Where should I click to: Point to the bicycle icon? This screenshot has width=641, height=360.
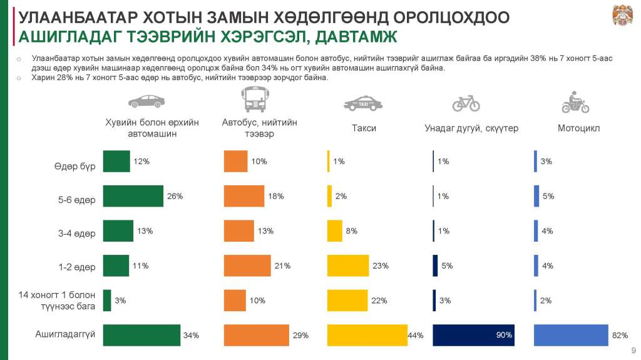[466, 102]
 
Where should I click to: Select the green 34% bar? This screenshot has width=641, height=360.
[141, 335]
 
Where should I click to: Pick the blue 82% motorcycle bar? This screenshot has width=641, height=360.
[571, 335]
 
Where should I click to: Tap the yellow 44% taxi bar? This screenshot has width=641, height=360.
[367, 335]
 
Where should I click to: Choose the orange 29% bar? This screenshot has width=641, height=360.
[257, 335]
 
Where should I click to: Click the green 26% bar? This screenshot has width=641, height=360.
[133, 196]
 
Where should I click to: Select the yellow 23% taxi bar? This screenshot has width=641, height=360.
[349, 265]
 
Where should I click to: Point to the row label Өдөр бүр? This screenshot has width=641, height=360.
[74, 167]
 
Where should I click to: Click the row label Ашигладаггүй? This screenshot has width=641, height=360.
[65, 334]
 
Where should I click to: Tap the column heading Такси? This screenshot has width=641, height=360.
[364, 128]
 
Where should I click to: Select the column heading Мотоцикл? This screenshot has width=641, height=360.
[578, 128]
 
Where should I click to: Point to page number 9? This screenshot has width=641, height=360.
[632, 349]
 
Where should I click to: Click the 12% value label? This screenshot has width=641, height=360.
[141, 162]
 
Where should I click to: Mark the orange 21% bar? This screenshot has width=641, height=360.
[247, 265]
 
